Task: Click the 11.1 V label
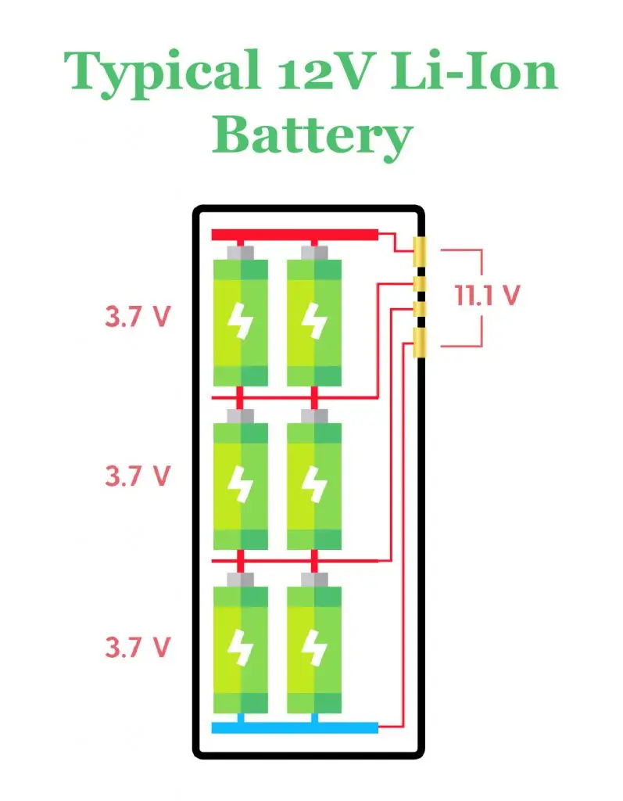click(x=487, y=296)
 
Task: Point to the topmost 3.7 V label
click(x=138, y=318)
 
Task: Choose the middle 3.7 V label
click(x=138, y=476)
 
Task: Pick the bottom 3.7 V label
click(x=138, y=647)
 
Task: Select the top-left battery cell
click(x=241, y=321)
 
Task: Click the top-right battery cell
click(x=314, y=321)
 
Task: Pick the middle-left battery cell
click(x=241, y=485)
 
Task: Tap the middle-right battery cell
click(x=314, y=485)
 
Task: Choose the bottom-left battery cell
click(x=241, y=649)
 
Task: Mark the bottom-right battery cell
click(x=314, y=649)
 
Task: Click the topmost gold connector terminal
click(x=420, y=252)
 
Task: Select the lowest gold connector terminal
click(x=420, y=343)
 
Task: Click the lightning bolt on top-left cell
click(x=241, y=321)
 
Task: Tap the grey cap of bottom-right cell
click(x=314, y=580)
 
